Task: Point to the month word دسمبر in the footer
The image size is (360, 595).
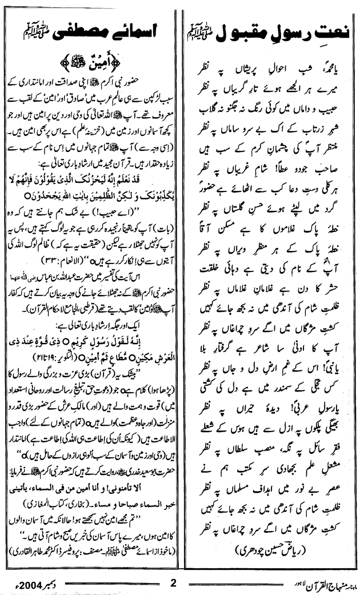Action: coord(50,584)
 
